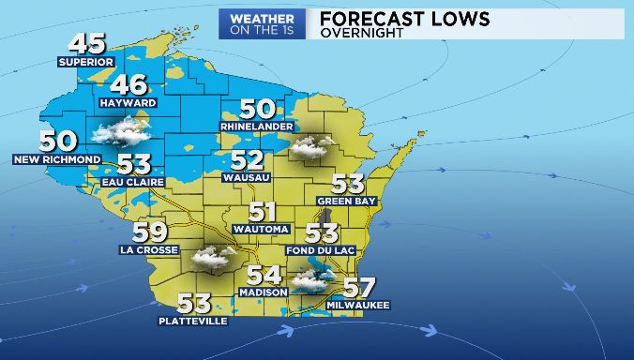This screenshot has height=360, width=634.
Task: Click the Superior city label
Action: (x=85, y=63)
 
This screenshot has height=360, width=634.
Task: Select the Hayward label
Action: (x=128, y=103)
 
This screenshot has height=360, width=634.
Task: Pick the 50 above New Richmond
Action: (x=58, y=142)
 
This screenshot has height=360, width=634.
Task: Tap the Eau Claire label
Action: (x=134, y=182)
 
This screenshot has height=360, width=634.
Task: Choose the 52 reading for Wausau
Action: (x=248, y=160)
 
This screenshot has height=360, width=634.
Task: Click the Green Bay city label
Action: (x=346, y=202)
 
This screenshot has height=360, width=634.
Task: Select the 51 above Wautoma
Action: (x=263, y=213)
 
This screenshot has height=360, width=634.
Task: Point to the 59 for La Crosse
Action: (x=150, y=232)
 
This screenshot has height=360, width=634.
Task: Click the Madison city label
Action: (x=264, y=292)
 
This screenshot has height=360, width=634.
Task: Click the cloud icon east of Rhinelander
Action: (x=311, y=146)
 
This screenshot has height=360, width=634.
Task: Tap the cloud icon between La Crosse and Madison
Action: (x=213, y=256)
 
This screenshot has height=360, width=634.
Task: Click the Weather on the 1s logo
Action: (x=262, y=23)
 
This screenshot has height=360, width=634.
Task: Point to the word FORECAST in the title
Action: (x=372, y=18)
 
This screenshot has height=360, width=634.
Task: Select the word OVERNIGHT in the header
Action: (x=362, y=33)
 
